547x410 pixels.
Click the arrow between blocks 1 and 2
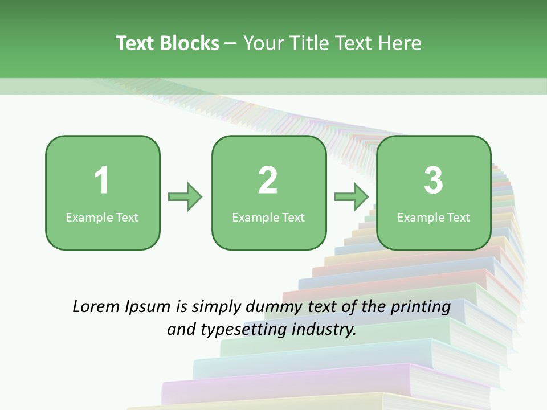[x=185, y=197]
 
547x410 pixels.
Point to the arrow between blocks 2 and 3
[x=352, y=197]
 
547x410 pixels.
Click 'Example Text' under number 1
[x=102, y=217]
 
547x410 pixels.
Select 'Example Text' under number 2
[x=268, y=217]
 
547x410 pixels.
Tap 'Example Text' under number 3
[x=434, y=217]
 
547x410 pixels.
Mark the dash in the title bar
[x=231, y=44]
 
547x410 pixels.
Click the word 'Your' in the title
[x=263, y=43]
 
